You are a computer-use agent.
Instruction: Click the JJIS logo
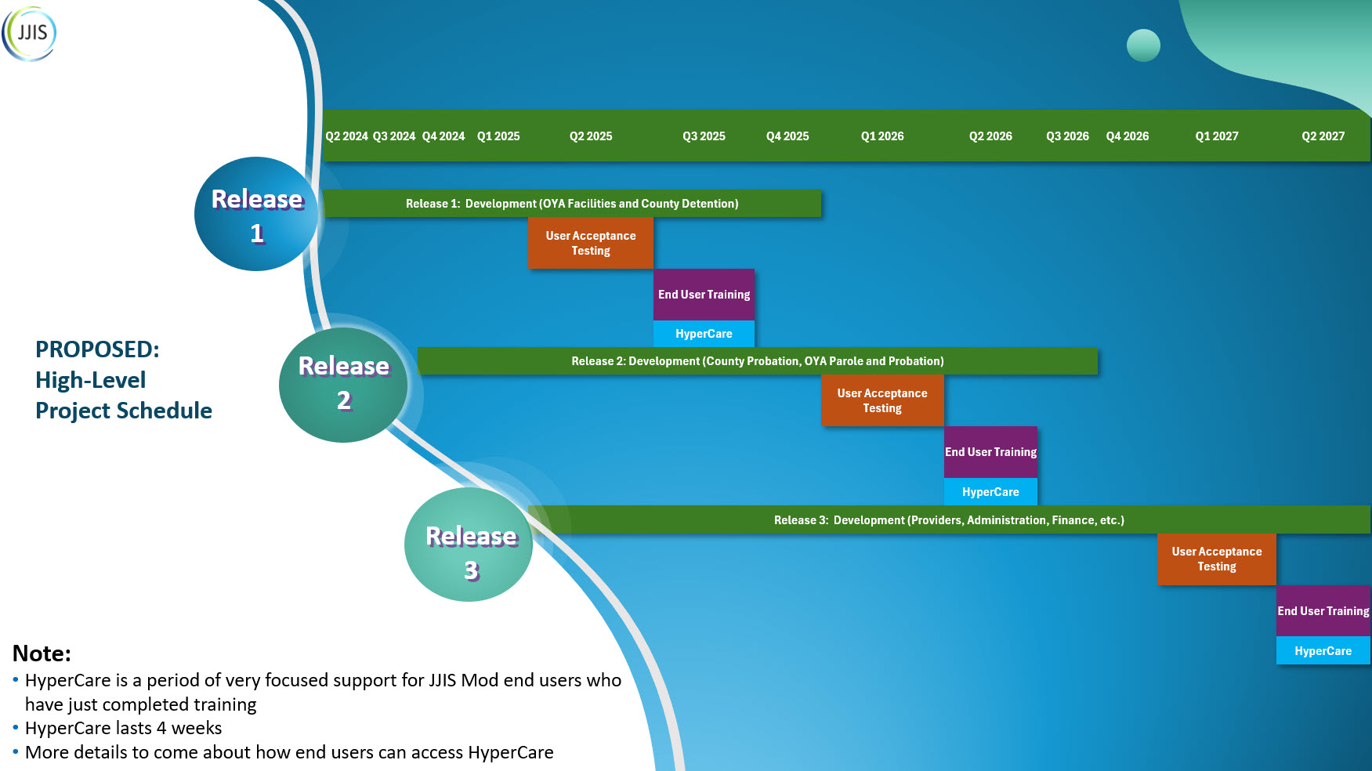point(30,34)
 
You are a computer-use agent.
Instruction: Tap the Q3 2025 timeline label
point(704,136)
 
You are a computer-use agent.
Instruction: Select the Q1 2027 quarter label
point(1216,136)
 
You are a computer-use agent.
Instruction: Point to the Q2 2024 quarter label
point(346,136)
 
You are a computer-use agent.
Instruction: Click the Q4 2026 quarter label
point(1127,136)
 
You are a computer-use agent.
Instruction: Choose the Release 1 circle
point(256,215)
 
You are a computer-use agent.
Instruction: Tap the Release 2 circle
point(343,384)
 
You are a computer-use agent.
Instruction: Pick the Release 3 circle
point(470,545)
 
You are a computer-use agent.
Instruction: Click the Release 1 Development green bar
point(572,204)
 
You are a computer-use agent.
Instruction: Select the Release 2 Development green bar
point(757,361)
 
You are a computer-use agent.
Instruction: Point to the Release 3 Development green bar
point(948,520)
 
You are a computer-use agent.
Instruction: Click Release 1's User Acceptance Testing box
point(591,243)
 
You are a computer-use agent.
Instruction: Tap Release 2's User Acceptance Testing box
point(882,400)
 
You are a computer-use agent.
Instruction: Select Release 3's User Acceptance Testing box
point(1216,559)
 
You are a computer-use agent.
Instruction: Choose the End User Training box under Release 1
point(704,295)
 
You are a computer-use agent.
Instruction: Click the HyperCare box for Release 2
point(990,492)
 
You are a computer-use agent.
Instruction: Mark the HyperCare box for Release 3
point(1323,651)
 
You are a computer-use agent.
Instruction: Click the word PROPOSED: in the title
point(97,349)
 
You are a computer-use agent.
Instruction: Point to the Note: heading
point(42,653)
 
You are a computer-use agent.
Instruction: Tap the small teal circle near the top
point(1143,45)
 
